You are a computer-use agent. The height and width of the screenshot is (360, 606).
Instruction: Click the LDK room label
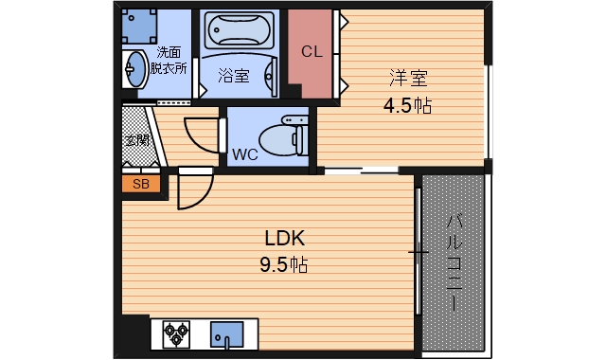click(x=283, y=238)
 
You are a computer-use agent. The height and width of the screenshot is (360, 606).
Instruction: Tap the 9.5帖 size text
click(x=283, y=265)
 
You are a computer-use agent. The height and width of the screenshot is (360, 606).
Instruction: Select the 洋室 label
click(x=406, y=78)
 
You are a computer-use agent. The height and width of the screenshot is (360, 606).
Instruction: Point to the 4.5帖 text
click(x=406, y=105)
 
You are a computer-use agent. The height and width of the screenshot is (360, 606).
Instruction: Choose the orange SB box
click(x=140, y=184)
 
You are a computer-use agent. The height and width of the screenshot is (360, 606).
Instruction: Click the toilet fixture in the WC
click(x=283, y=138)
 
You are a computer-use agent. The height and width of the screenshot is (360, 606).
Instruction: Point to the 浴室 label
click(x=234, y=77)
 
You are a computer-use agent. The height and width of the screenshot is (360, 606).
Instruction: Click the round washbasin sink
click(x=134, y=68)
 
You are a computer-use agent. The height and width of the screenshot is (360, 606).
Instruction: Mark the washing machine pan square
click(x=142, y=25)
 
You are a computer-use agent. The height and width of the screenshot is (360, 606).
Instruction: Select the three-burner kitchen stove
click(x=177, y=333)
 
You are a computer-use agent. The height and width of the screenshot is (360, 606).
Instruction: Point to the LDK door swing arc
click(x=193, y=192)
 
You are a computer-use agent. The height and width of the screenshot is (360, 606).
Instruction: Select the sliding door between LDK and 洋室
click(x=360, y=171)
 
